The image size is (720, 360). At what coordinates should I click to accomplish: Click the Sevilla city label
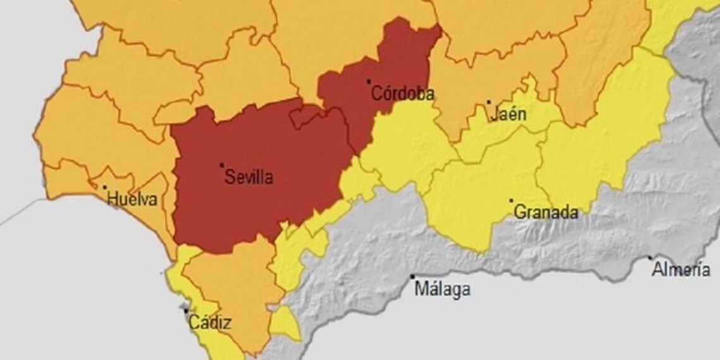(x=249, y=177)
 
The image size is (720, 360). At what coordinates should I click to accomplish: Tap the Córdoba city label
(x=402, y=94)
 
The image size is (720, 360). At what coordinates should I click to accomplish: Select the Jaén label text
(x=508, y=115)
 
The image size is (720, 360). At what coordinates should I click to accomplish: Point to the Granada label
(x=546, y=212)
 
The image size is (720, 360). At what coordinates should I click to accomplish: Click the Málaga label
(x=442, y=289)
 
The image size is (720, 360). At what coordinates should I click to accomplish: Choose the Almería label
(x=681, y=270)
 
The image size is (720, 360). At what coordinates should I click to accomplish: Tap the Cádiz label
(x=210, y=323)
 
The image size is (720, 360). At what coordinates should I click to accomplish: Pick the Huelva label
(x=131, y=200)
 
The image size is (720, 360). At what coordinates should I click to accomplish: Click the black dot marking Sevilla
(x=222, y=165)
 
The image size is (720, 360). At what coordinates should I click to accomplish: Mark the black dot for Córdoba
(x=369, y=81)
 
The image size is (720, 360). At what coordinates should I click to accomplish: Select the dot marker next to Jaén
(x=488, y=102)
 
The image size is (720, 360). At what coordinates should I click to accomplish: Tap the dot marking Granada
(x=511, y=201)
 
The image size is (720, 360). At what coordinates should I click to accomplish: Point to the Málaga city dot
(x=412, y=277)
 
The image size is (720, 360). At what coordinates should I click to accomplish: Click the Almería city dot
(x=650, y=258)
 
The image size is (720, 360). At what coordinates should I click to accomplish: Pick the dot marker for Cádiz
(x=186, y=310)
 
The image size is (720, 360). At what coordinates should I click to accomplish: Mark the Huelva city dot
(x=105, y=187)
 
